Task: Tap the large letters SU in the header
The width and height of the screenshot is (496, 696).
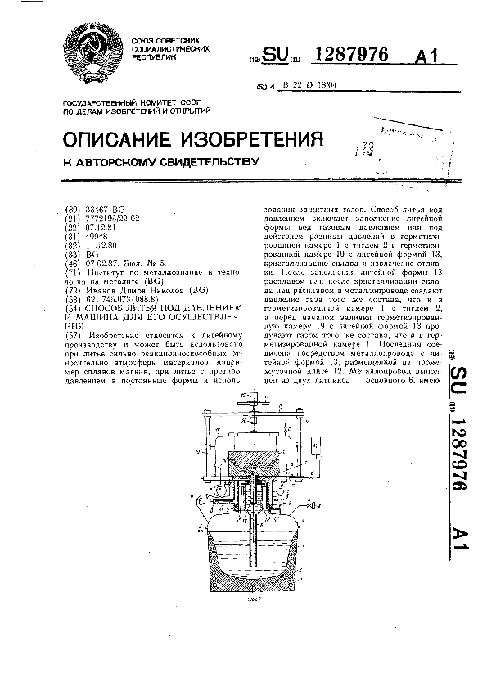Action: point(280,56)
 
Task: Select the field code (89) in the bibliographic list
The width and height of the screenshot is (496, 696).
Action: point(71,210)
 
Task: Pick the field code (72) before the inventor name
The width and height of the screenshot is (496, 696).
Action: point(71,291)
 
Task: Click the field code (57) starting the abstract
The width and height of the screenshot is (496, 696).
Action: point(71,338)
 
